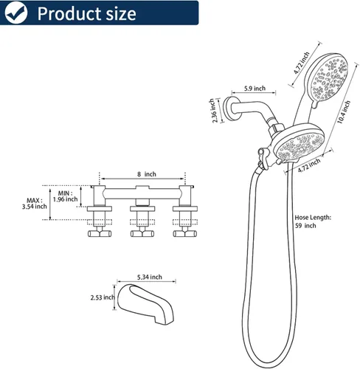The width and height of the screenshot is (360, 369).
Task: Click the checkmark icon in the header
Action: pos(16,13)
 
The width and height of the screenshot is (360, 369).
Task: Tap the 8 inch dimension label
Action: pos(147,174)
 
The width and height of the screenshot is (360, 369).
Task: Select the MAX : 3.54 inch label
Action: pos(34,204)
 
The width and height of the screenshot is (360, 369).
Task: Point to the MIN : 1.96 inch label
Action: pos(65,196)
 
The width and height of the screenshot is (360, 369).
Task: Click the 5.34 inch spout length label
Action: pos(150,277)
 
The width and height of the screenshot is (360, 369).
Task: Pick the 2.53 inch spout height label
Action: pos(103,297)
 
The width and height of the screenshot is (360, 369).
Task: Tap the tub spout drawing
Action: pos(145,304)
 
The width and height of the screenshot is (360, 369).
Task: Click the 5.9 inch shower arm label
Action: pos(255,88)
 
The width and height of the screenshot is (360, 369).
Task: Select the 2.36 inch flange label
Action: pos(213,111)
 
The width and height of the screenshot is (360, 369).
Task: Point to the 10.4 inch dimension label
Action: pos(343,112)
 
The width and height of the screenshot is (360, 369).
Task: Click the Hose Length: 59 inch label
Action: pos(313,221)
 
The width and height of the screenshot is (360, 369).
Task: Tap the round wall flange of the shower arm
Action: pos(229,108)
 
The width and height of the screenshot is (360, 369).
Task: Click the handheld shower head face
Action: pos(329,78)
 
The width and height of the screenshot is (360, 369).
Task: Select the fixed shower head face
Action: pos(300,145)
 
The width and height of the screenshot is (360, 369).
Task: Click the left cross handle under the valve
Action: pos(100,233)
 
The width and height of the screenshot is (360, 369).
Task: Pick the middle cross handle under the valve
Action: pos(142,233)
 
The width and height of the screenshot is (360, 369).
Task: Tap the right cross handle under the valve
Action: pos(185,233)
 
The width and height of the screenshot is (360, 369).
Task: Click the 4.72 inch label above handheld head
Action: pos(302,63)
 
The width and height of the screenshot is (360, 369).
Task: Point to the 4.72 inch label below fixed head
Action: pos(309,165)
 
